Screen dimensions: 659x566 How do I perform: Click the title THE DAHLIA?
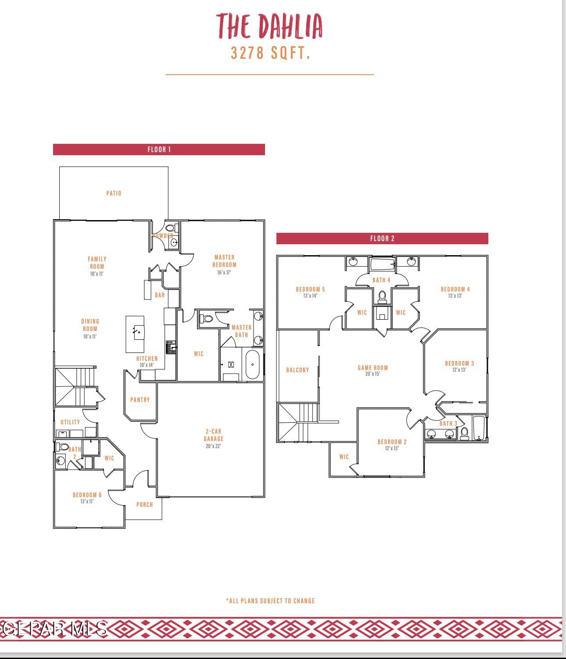coord(270,26)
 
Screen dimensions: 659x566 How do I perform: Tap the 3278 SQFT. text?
coord(271,53)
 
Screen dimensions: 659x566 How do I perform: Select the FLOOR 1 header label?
coord(159,150)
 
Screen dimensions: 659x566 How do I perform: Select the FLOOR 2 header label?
coord(382,239)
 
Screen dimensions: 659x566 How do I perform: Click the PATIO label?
coord(114,193)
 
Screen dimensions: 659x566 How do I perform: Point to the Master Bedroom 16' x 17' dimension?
coord(224,272)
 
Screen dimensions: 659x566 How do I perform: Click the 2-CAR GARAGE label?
coord(214,435)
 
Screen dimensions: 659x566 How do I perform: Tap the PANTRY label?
coord(140,400)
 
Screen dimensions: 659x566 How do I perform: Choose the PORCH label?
coord(144,505)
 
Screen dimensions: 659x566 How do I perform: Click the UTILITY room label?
coord(70,422)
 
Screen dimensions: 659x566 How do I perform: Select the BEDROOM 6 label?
coord(87,495)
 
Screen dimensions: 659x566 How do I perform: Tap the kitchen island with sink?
coord(135,334)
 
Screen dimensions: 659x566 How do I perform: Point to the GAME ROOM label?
coord(373,368)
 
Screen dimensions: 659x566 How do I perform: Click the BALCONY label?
coord(297,370)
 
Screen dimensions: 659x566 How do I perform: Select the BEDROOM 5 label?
coord(310,289)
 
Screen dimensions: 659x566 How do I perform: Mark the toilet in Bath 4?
coord(382,296)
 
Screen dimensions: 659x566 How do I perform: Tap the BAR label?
coord(160,295)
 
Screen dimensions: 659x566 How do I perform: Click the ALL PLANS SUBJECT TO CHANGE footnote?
coord(270,601)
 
